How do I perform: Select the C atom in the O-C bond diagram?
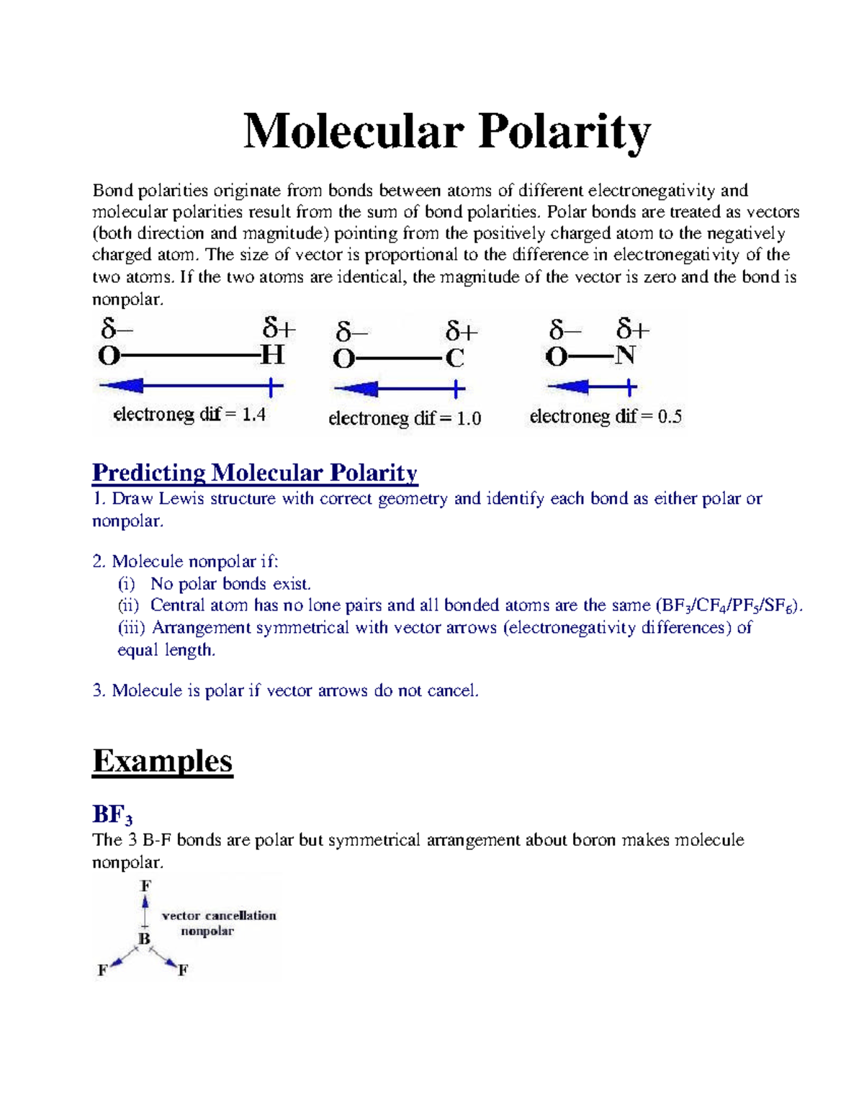[454, 358]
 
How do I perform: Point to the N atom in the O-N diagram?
[625, 356]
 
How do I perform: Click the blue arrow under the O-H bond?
[191, 387]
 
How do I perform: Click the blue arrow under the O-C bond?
[399, 390]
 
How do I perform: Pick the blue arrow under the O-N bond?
[592, 388]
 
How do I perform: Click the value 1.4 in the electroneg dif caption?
[253, 415]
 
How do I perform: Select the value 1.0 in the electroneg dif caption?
[469, 418]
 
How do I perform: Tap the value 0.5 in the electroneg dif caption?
[670, 416]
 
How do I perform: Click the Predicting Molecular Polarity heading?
[255, 473]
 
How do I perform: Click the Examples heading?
[163, 761]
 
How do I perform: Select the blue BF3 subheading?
[112, 815]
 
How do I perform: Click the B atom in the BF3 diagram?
[144, 939]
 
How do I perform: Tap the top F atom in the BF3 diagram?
[145, 885]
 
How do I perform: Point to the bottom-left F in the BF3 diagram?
[102, 970]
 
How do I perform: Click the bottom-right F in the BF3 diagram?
[183, 970]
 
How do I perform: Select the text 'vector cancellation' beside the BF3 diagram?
[219, 916]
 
